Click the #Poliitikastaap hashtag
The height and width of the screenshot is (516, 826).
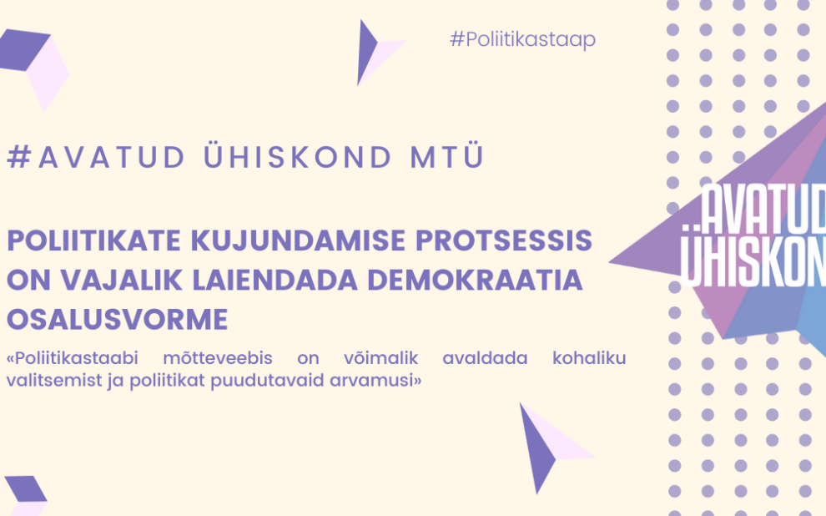pyautogui.click(x=522, y=40)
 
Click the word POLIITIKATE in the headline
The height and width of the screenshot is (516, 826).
pyautogui.click(x=93, y=240)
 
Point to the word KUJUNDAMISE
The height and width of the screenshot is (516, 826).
pyautogui.click(x=299, y=240)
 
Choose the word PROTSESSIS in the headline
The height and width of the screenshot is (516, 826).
pyautogui.click(x=504, y=240)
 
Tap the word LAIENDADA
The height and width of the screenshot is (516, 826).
pyautogui.click(x=274, y=280)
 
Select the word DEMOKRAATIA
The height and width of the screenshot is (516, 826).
pyautogui.click(x=476, y=280)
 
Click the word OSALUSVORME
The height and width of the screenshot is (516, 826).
pyautogui.click(x=118, y=320)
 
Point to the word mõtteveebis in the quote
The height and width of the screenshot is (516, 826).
pyautogui.click(x=218, y=358)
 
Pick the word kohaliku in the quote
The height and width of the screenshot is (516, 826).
pyautogui.click(x=589, y=358)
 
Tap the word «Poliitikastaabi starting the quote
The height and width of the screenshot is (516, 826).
pyautogui.click(x=72, y=358)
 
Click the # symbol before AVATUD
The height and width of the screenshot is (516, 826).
pyautogui.click(x=19, y=156)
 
